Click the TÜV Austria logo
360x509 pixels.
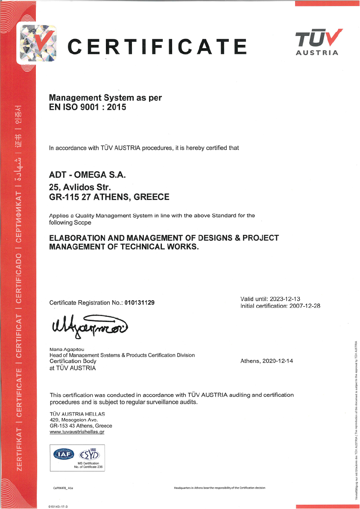click(x=317, y=41)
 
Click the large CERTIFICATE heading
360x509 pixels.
click(x=158, y=46)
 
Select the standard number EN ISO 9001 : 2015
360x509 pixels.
click(x=88, y=107)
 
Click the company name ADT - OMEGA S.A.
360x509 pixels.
click(x=88, y=175)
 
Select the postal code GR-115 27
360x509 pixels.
click(x=68, y=197)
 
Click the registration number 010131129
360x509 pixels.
click(x=140, y=303)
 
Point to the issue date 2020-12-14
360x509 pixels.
click(x=278, y=361)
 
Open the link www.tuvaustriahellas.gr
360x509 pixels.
click(x=77, y=432)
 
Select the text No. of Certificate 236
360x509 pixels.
click(x=89, y=467)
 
